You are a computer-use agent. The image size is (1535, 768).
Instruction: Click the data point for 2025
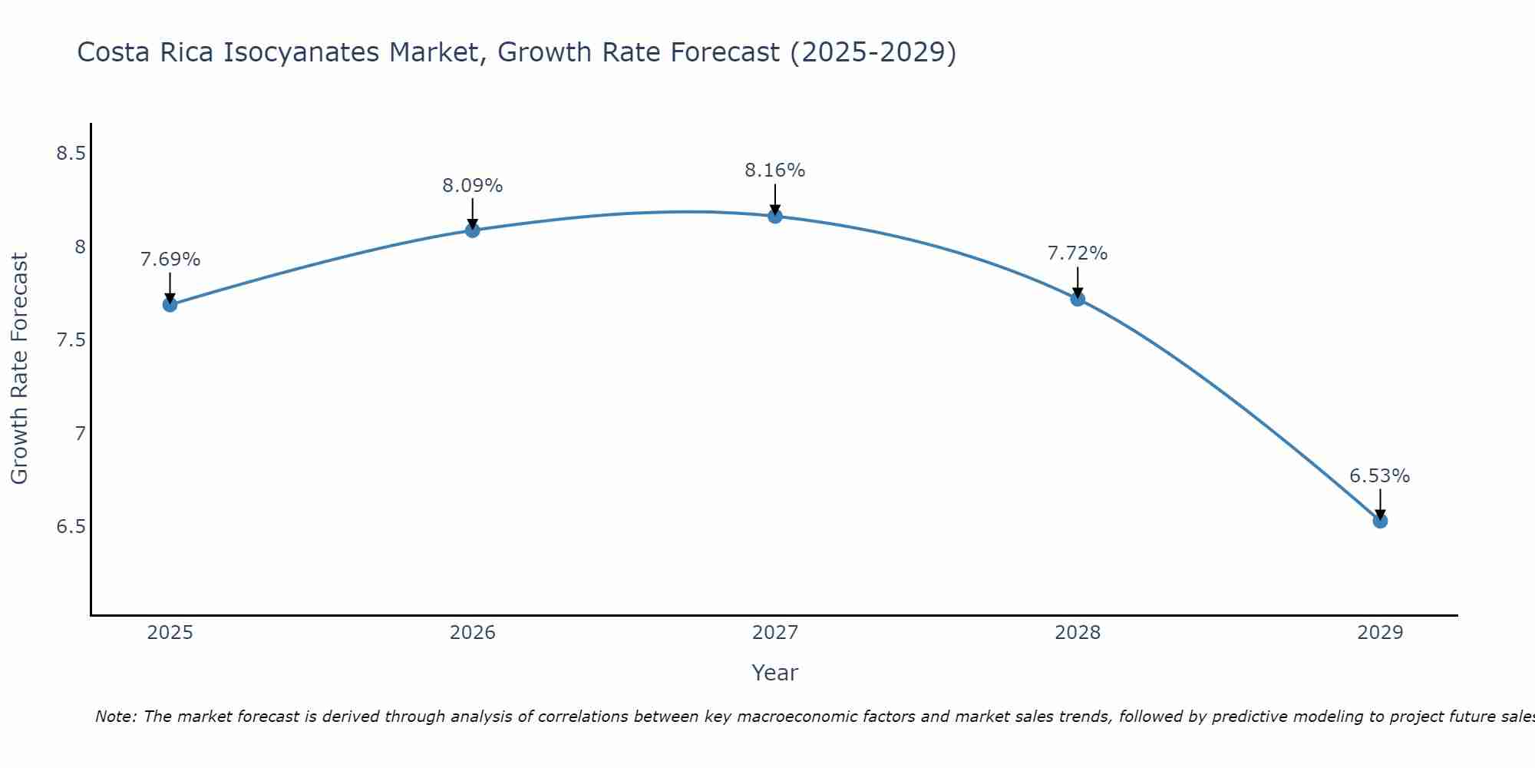pos(170,305)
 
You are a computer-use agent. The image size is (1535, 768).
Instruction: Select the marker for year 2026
pos(472,230)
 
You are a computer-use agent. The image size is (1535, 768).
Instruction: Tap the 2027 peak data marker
pos(775,217)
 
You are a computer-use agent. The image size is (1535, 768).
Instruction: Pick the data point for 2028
pos(1078,299)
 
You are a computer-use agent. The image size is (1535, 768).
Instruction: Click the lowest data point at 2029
pos(1380,521)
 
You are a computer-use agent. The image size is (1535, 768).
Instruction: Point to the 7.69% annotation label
pos(170,260)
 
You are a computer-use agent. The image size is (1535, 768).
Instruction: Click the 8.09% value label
pos(472,186)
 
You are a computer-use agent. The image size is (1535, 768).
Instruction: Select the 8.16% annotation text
pos(775,170)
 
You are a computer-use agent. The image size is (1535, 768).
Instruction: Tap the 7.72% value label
pos(1078,253)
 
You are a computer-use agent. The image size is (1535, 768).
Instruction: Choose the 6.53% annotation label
pos(1380,476)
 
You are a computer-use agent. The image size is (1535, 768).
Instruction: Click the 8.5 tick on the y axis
pos(71,154)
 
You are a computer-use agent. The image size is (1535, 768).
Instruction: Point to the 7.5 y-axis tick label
pos(71,340)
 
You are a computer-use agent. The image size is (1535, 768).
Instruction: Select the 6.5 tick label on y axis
pos(71,527)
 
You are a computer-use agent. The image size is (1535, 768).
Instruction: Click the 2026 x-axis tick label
pos(472,633)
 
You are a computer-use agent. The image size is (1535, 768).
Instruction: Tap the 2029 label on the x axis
pos(1380,633)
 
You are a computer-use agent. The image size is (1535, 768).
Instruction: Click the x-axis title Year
pos(775,673)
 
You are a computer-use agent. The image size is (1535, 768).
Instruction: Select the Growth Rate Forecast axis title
pos(20,369)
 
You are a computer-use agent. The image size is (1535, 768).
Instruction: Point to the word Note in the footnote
pos(115,717)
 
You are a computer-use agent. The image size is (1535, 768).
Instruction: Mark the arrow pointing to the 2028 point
pos(1078,281)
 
